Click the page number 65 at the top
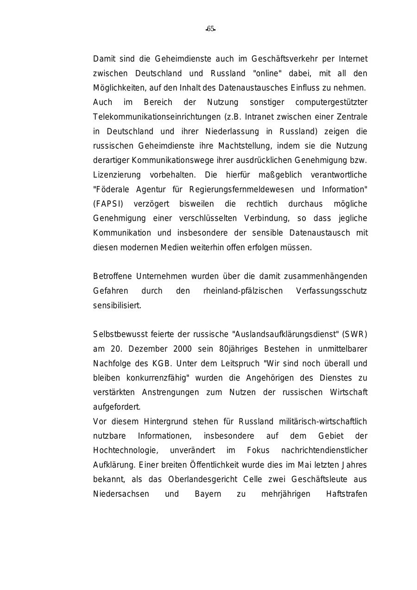(210, 29)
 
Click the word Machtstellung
(245, 146)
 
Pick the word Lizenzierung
(117, 175)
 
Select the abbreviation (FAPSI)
(108, 204)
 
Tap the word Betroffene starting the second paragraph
(113, 276)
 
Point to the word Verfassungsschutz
(331, 291)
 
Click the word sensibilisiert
(117, 305)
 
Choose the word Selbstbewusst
(120, 334)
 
